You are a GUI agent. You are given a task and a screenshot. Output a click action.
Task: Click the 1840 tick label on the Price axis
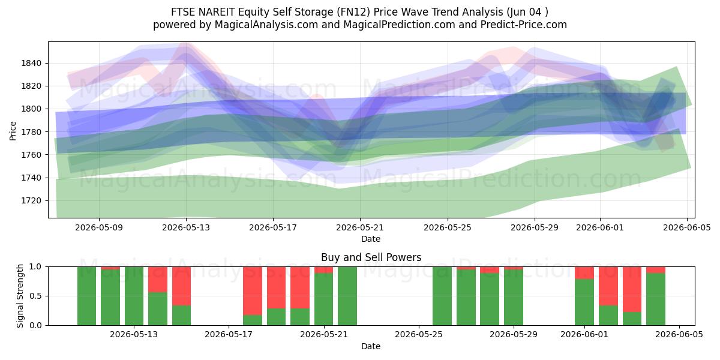click(x=31, y=64)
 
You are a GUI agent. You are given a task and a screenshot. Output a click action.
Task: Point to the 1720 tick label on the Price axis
click(x=31, y=201)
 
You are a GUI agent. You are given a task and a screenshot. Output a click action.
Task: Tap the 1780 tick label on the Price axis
click(x=31, y=132)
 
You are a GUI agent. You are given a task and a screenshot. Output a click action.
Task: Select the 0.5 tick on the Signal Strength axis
click(x=35, y=296)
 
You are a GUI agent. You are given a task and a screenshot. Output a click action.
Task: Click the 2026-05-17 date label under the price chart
click(x=273, y=228)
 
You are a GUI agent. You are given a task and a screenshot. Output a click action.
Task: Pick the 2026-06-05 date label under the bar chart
click(x=679, y=335)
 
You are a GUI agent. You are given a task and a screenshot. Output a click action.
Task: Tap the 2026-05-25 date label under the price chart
click(x=448, y=228)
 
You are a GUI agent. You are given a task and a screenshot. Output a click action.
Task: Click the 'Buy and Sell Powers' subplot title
click(x=371, y=257)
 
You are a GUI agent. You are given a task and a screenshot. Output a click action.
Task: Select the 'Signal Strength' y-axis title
click(x=20, y=296)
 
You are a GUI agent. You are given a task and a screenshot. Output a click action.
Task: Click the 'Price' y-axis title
click(x=13, y=131)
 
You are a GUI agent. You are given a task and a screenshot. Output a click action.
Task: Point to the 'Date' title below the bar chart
click(x=371, y=346)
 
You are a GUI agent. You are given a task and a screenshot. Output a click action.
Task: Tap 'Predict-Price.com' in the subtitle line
click(x=524, y=25)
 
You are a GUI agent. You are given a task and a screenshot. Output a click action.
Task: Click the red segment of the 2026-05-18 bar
click(x=253, y=291)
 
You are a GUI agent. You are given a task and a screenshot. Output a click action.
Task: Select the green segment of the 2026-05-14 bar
click(x=158, y=309)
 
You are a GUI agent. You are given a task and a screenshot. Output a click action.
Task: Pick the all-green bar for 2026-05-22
click(x=347, y=296)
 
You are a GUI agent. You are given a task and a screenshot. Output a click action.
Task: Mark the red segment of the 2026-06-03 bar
click(x=632, y=289)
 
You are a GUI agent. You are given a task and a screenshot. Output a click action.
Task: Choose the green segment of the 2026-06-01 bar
click(x=584, y=302)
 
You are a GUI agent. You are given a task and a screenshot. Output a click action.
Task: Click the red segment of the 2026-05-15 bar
click(x=182, y=286)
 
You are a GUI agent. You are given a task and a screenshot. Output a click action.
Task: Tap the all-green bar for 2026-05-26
click(x=442, y=296)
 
